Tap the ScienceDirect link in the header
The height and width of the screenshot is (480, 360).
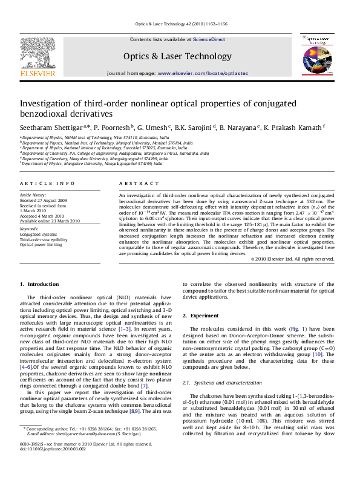point(209,39)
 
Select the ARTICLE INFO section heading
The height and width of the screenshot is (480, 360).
point(47,183)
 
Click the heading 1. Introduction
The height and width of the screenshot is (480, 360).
point(39,284)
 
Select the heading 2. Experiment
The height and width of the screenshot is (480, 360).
point(201,316)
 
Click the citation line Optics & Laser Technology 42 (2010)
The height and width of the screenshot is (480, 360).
point(180,24)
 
